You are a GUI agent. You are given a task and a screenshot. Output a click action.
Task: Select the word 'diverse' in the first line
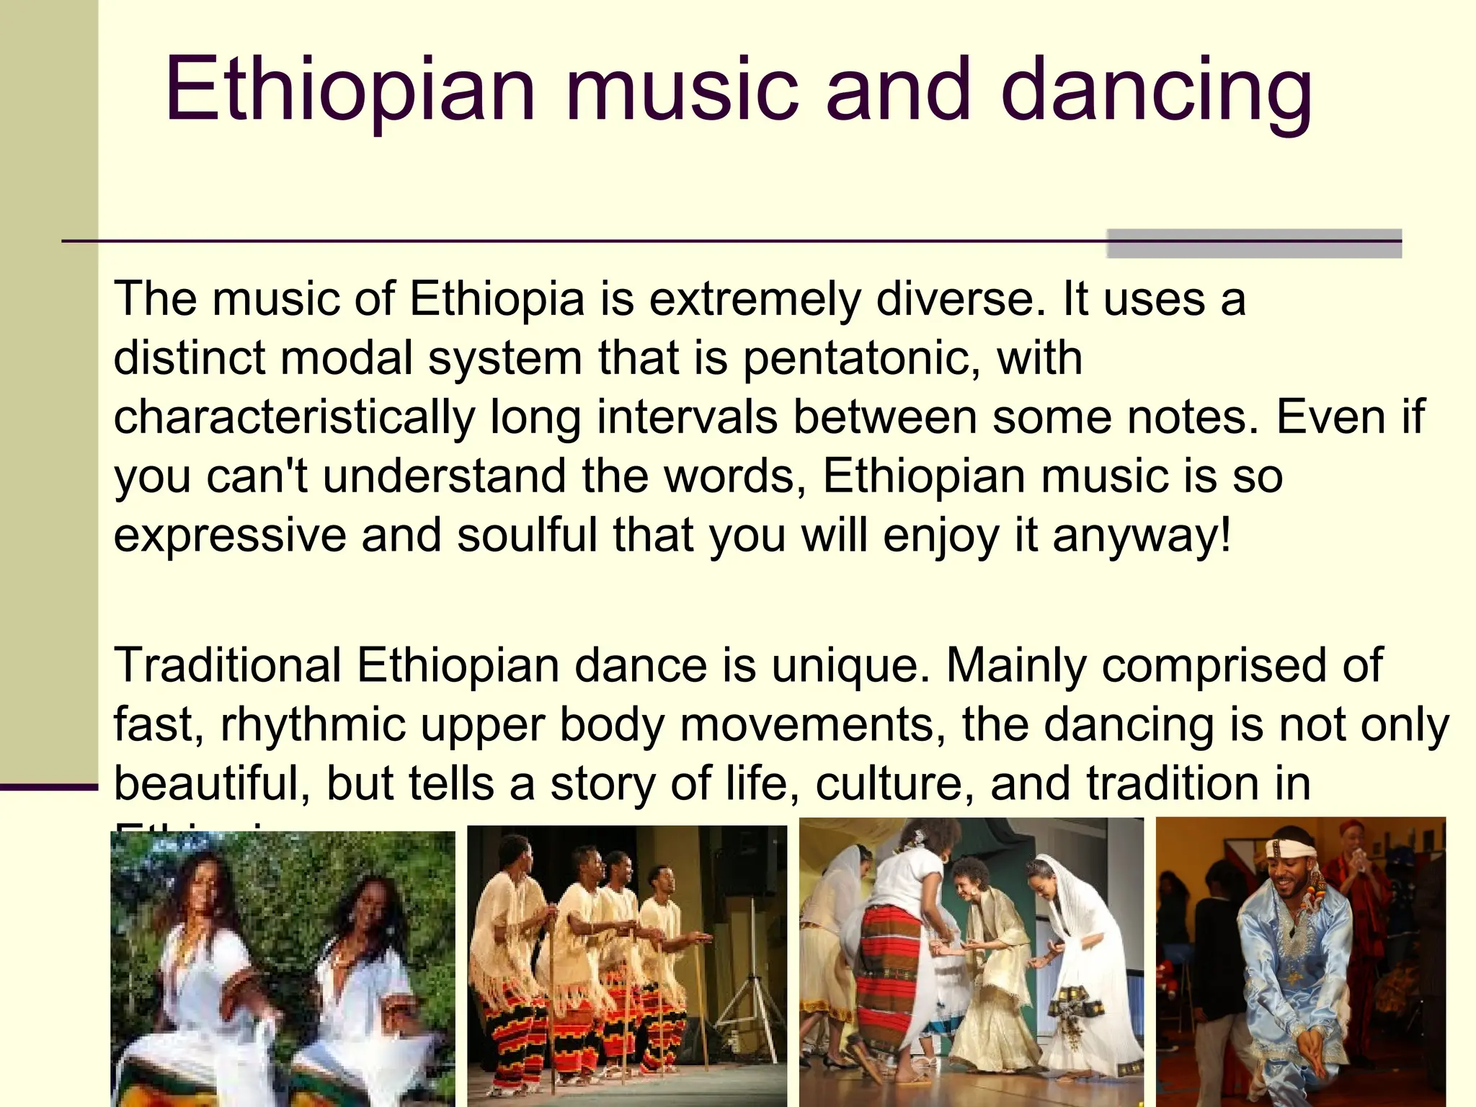coord(959,298)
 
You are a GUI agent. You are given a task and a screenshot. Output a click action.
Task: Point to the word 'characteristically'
coord(294,417)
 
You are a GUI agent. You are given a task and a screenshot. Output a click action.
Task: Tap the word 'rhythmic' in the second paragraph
coord(313,724)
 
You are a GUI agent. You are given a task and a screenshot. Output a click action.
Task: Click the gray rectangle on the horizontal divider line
coord(1253,244)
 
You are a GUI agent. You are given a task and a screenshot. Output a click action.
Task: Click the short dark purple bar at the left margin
coord(48,787)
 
